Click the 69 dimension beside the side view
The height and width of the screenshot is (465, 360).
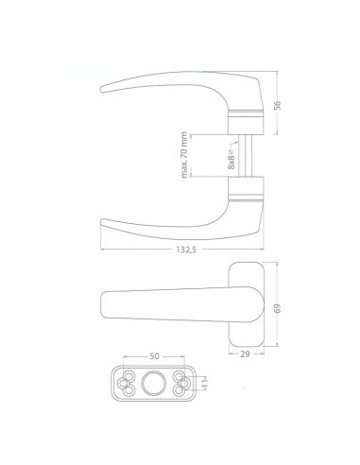point(278,309)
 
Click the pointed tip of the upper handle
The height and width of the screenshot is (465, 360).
point(102,90)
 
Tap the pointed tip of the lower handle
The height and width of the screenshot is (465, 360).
point(102,223)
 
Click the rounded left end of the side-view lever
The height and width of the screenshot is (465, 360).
point(103,306)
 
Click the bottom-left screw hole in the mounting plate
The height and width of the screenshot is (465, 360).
point(126,392)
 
